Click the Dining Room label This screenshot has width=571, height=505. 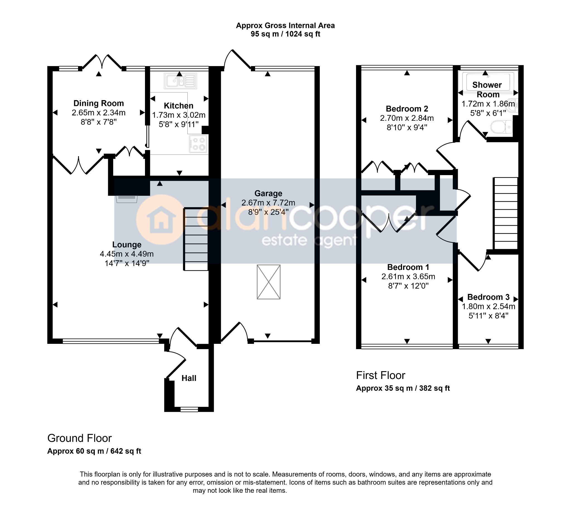99,103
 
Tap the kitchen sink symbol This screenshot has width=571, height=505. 180,81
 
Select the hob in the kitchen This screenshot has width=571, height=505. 198,144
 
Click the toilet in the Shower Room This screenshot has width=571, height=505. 502,127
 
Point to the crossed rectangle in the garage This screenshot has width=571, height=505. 268,282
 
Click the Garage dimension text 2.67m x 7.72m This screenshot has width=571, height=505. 268,203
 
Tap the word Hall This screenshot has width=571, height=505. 189,378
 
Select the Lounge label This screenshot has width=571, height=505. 127,245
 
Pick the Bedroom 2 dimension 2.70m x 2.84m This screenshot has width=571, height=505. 407,118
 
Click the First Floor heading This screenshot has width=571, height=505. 381,375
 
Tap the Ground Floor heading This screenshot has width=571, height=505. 80,438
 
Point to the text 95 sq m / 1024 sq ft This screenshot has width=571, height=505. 285,34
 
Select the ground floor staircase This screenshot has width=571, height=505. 196,239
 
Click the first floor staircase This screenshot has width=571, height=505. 506,214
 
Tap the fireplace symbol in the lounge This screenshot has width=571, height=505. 127,199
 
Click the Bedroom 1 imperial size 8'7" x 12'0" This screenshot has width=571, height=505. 408,286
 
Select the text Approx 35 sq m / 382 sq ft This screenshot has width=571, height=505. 403,388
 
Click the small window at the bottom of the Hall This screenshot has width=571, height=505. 189,409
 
